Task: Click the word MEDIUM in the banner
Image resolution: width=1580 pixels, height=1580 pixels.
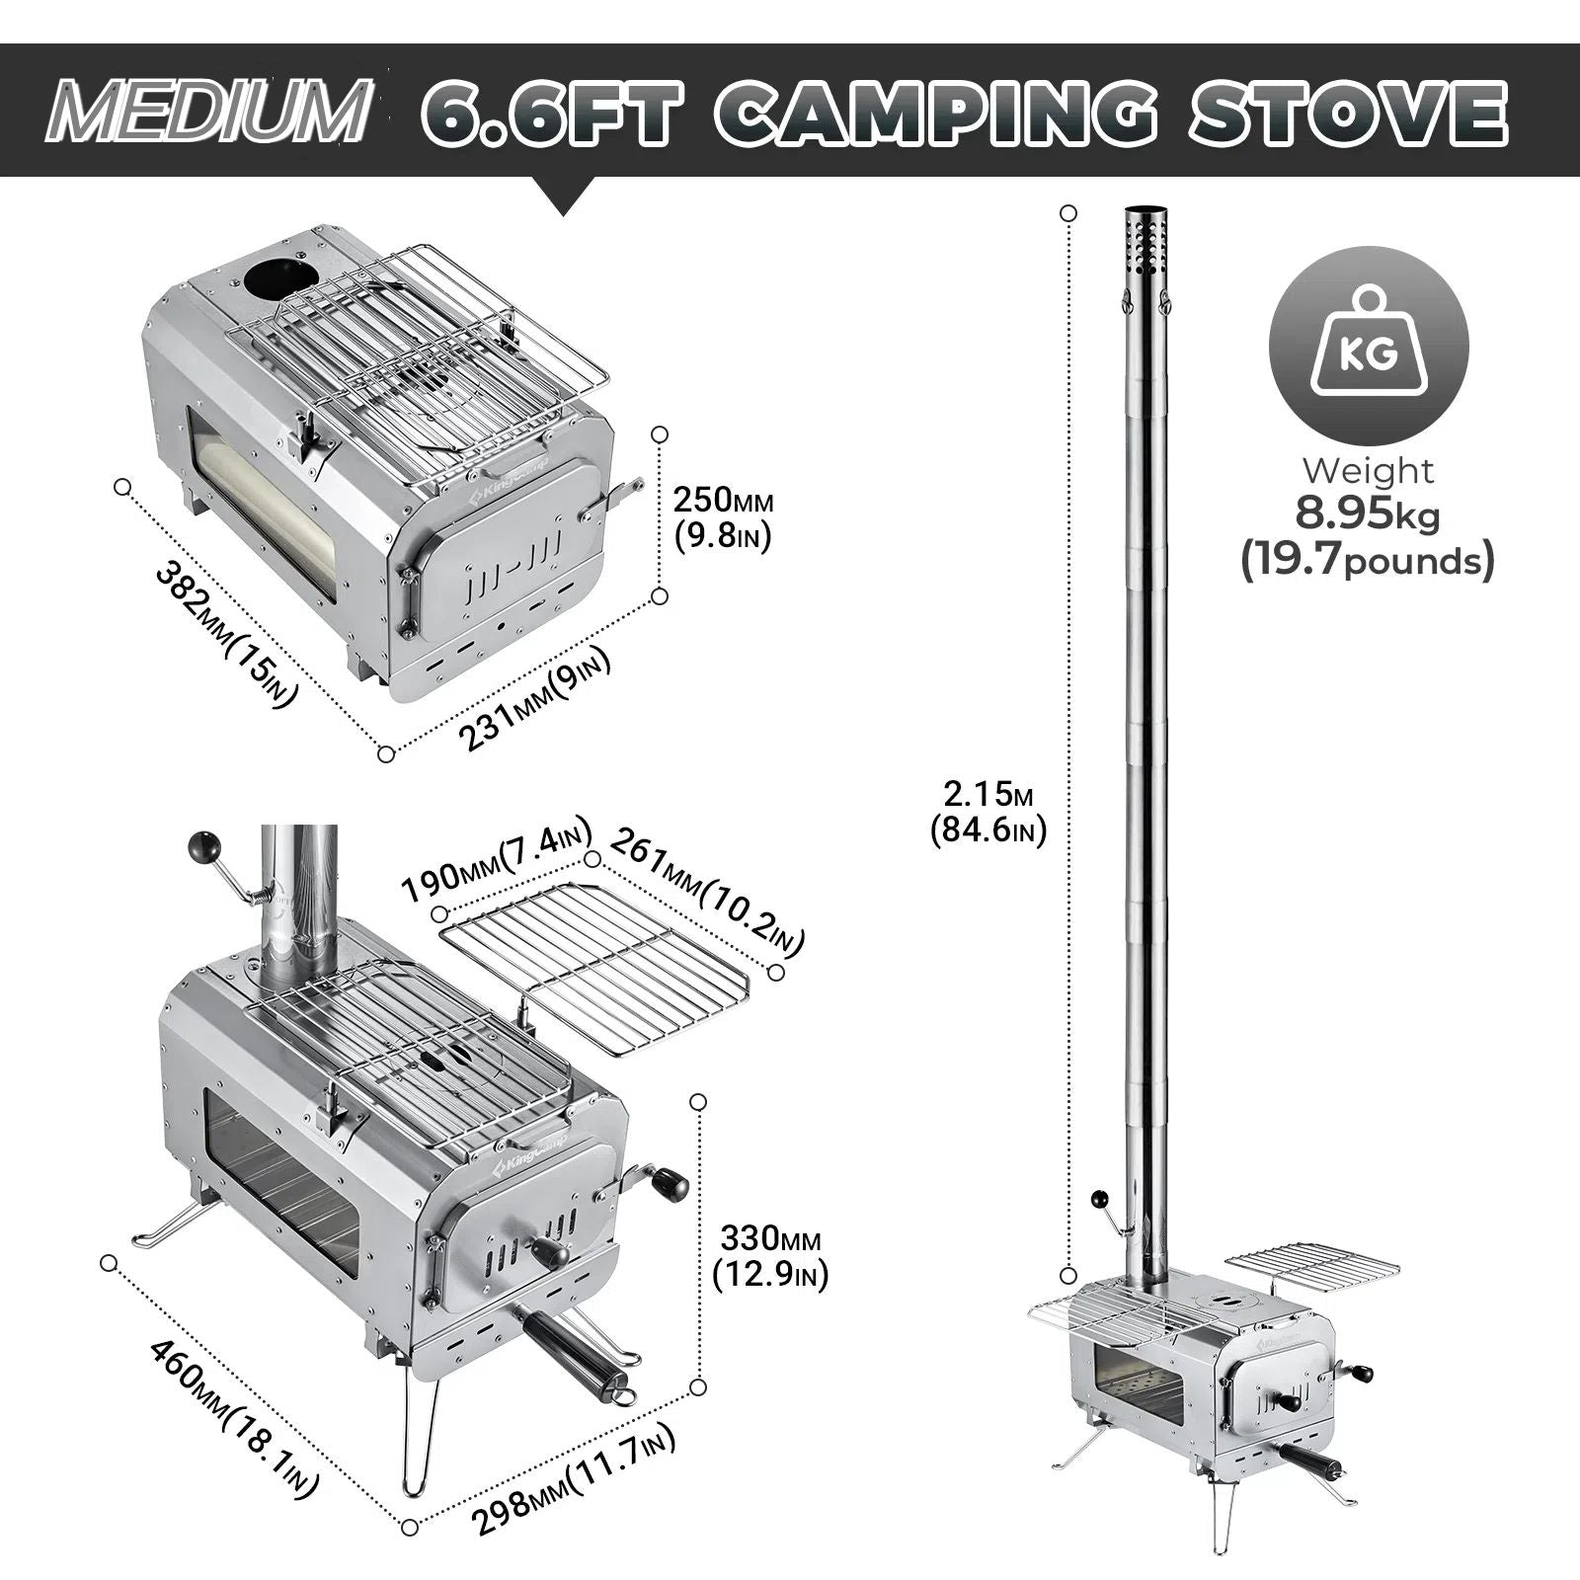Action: pos(206,112)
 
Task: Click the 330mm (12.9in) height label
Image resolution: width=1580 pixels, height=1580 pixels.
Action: pos(770,1256)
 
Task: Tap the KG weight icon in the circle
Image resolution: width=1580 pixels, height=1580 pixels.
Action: pos(1369,345)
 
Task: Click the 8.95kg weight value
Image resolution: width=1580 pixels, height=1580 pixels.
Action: pos(1368,514)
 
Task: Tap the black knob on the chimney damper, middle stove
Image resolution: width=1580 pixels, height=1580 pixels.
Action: pos(205,845)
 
